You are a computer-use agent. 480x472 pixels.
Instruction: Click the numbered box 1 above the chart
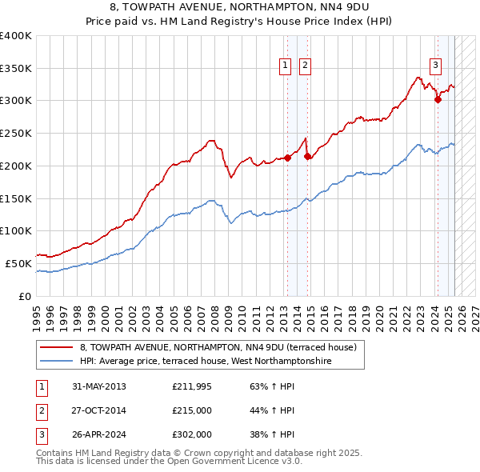pyautogui.click(x=286, y=66)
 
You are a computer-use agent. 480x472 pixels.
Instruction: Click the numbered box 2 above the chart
pyautogui.click(x=306, y=66)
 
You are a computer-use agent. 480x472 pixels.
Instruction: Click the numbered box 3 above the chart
pyautogui.click(x=435, y=66)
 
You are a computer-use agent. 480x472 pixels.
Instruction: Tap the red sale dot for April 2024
pyautogui.click(x=438, y=99)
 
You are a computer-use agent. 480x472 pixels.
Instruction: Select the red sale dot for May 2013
pyautogui.click(x=287, y=158)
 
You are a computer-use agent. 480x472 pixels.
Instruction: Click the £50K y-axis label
pyautogui.click(x=18, y=263)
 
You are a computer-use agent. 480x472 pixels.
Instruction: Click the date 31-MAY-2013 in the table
pyautogui.click(x=99, y=386)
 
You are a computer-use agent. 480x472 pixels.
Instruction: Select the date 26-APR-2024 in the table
pyautogui.click(x=99, y=436)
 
